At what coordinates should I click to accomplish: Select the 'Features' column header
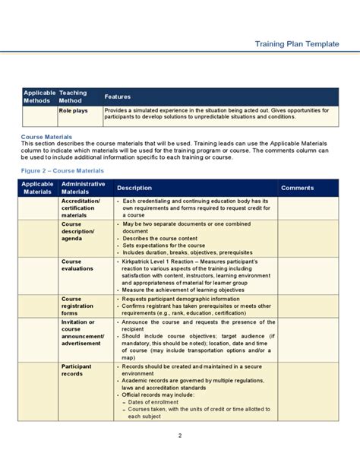coord(118,97)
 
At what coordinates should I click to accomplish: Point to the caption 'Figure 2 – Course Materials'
coord(62,171)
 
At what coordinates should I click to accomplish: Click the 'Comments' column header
coord(297,188)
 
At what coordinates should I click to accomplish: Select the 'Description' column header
coord(134,188)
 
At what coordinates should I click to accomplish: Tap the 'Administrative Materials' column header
coord(79,188)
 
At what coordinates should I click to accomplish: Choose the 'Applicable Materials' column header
coord(37,188)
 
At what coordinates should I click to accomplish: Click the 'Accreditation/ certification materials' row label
coord(79,208)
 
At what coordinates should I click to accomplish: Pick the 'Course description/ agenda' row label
coord(77,231)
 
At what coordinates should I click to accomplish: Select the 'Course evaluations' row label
coord(77,265)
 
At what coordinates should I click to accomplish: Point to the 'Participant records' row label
coord(77,369)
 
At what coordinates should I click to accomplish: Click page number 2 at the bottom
coord(180,436)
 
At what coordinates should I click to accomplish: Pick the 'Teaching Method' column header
coord(73,97)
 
